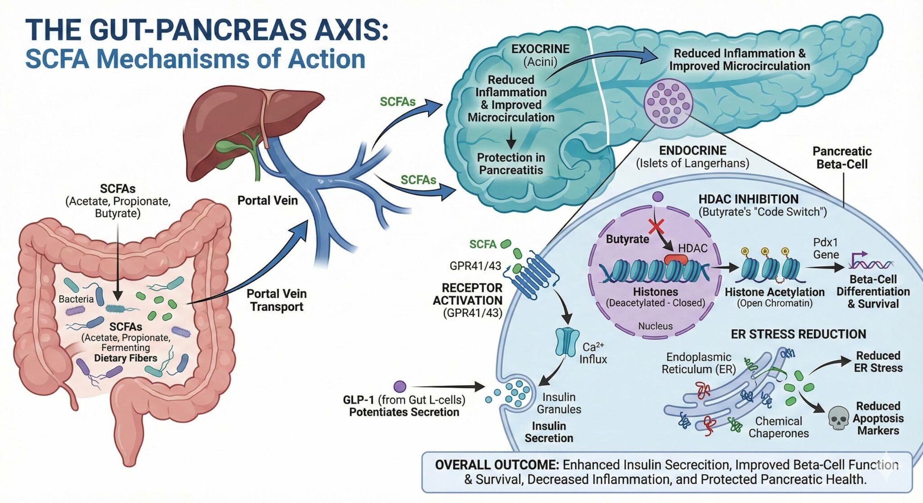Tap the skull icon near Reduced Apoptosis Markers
[839, 418]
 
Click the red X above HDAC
[656, 226]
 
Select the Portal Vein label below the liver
[267, 200]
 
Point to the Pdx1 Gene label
[826, 248]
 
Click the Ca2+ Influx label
[593, 353]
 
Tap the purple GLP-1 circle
[400, 386]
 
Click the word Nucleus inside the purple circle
[655, 326]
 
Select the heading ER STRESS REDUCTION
[798, 334]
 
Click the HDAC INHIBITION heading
[748, 199]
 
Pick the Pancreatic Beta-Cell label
[841, 158]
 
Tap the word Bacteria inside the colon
[76, 299]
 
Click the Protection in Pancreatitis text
[511, 164]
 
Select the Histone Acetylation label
[774, 292]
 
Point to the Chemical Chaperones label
[778, 427]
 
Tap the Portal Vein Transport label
[276, 300]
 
